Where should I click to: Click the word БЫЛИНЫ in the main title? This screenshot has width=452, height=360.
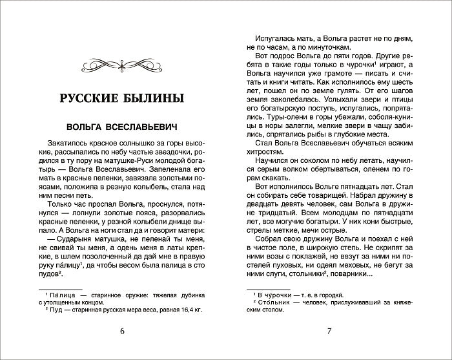[153, 99]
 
